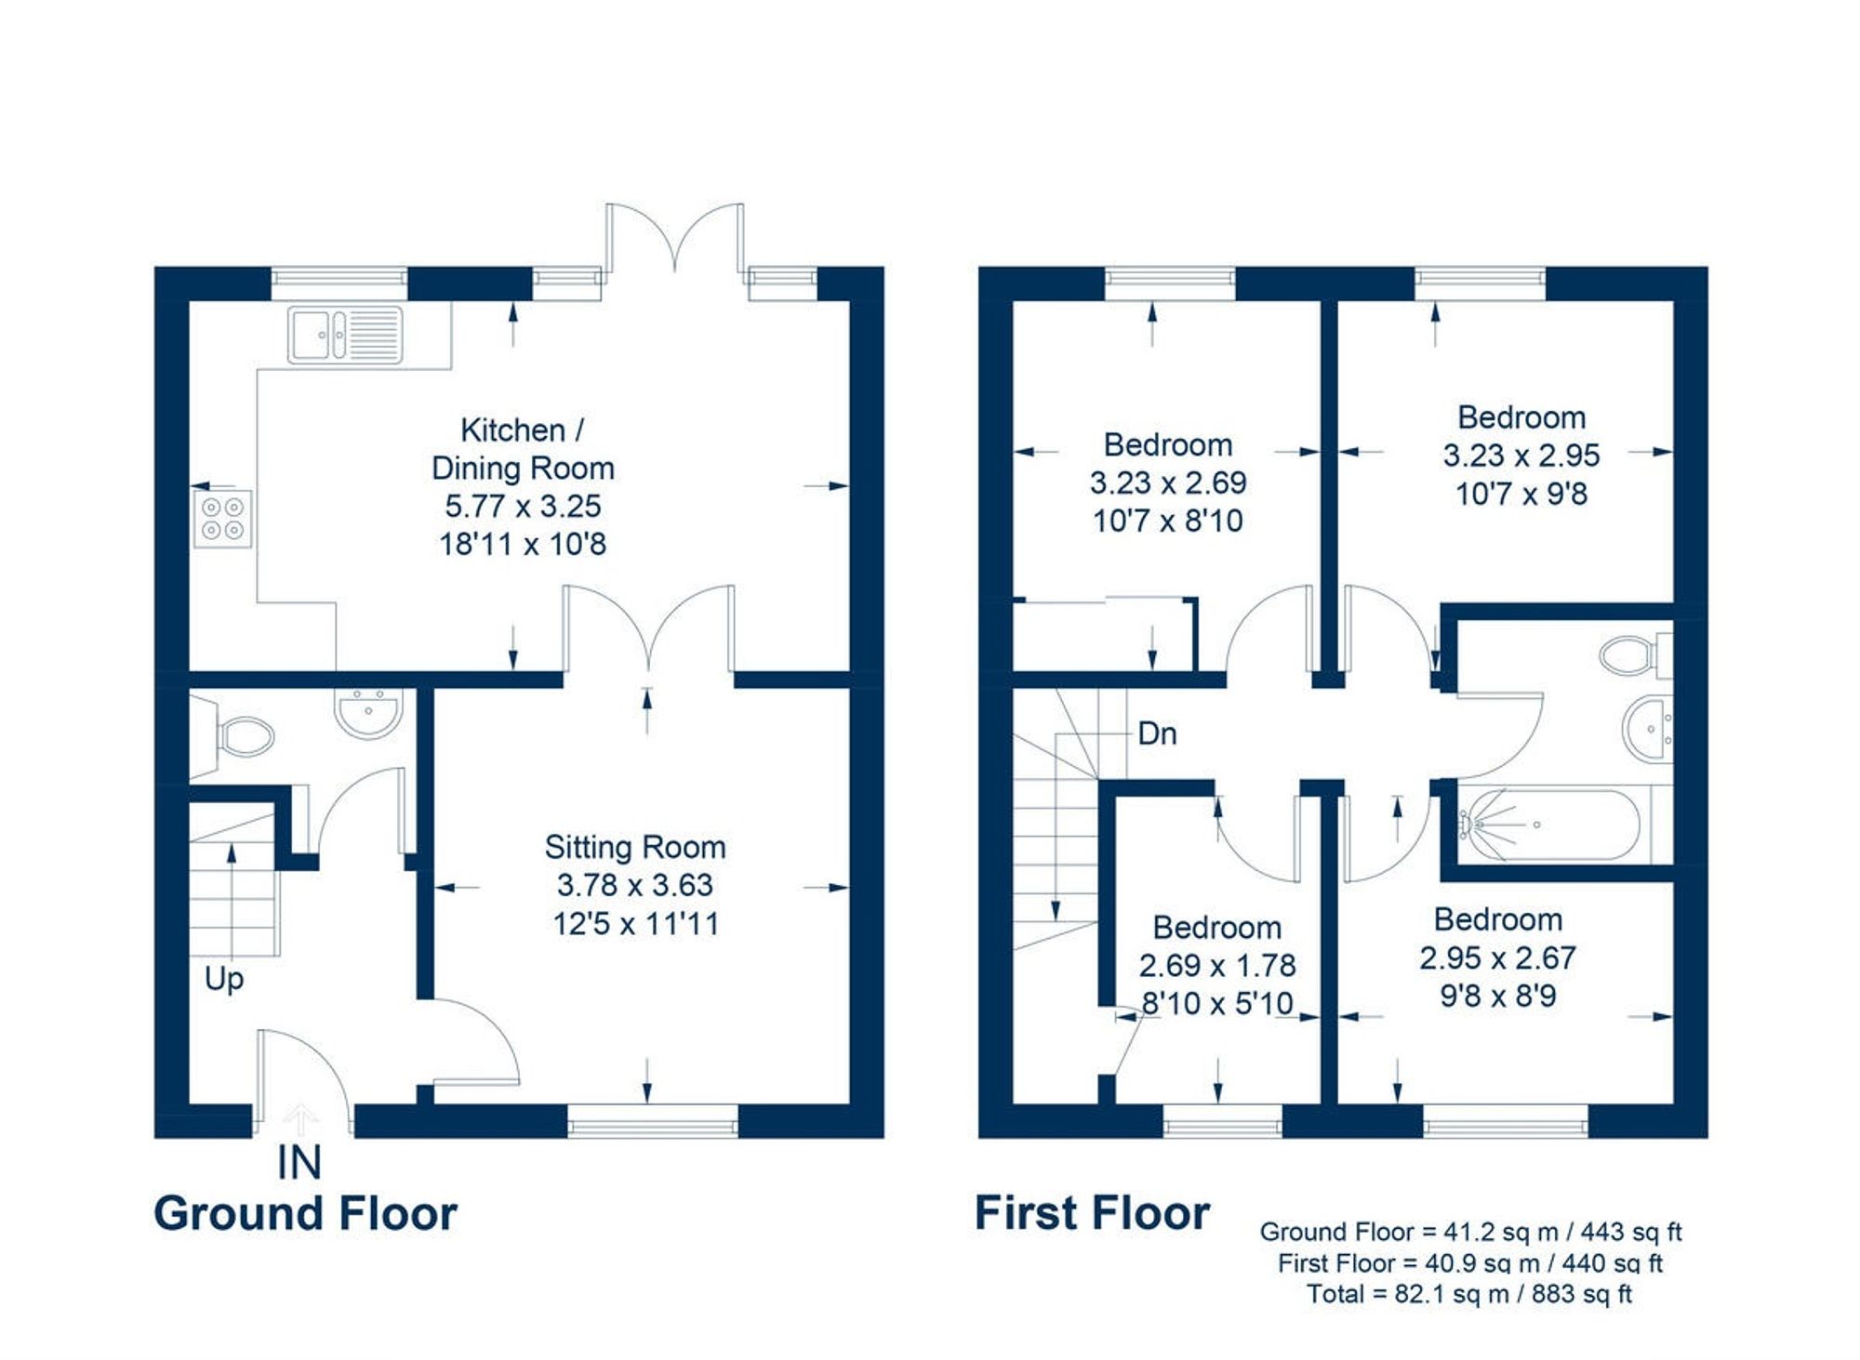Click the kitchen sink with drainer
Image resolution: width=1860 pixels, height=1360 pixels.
click(x=345, y=335)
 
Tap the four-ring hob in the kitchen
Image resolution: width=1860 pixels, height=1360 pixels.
click(x=222, y=519)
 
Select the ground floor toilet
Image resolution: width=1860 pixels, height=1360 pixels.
click(x=244, y=737)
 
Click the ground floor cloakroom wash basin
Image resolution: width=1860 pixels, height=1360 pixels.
click(x=368, y=713)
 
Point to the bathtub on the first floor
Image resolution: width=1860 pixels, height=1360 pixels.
click(x=1549, y=825)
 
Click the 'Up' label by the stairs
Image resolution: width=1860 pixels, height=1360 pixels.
click(x=224, y=978)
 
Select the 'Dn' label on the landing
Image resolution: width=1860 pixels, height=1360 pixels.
click(x=1157, y=733)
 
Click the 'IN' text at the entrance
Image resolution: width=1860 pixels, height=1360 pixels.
click(x=299, y=1163)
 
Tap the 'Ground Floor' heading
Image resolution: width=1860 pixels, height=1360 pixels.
click(x=305, y=1213)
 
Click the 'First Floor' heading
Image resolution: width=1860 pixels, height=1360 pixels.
click(x=1092, y=1213)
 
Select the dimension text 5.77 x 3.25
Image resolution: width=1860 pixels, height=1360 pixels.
click(x=523, y=506)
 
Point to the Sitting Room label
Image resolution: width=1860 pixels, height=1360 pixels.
click(x=635, y=847)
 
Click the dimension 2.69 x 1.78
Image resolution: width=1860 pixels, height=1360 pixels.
click(x=1216, y=966)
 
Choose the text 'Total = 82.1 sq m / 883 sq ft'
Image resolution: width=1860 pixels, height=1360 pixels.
click(x=1469, y=1294)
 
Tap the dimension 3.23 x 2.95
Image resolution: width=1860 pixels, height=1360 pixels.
click(x=1521, y=456)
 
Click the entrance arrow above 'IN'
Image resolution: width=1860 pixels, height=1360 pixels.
click(x=299, y=1116)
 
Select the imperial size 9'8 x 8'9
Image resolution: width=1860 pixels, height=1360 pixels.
click(x=1497, y=997)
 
